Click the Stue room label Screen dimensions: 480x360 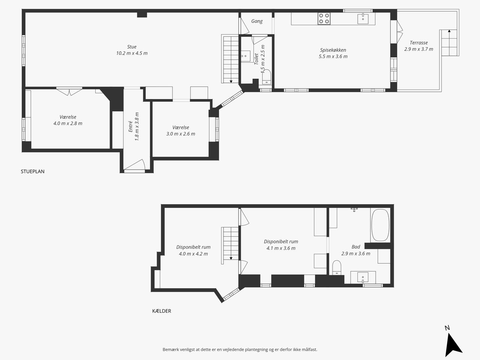[132, 47]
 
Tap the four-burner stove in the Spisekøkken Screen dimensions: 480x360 [324, 19]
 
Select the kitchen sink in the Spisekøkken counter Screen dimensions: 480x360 [363, 19]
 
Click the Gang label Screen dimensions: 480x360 [257, 21]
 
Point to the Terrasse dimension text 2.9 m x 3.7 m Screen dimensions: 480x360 [418, 49]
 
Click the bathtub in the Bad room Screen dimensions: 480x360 [381, 225]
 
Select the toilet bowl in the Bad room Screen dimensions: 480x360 [337, 267]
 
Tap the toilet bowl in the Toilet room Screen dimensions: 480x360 [267, 77]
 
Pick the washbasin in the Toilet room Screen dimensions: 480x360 [246, 56]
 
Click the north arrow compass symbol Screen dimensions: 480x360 [453, 344]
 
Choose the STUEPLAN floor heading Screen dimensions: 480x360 [33, 171]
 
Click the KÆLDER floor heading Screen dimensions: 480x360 [162, 311]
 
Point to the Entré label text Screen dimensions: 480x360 [130, 126]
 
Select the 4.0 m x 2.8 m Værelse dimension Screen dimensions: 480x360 [68, 123]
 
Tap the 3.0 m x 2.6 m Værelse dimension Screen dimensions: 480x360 [181, 134]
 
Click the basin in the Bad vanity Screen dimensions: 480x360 [363, 277]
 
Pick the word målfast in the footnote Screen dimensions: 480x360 [309, 349]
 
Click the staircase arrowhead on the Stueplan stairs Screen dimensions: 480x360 [231, 81]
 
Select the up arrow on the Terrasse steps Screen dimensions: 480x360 [449, 31]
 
